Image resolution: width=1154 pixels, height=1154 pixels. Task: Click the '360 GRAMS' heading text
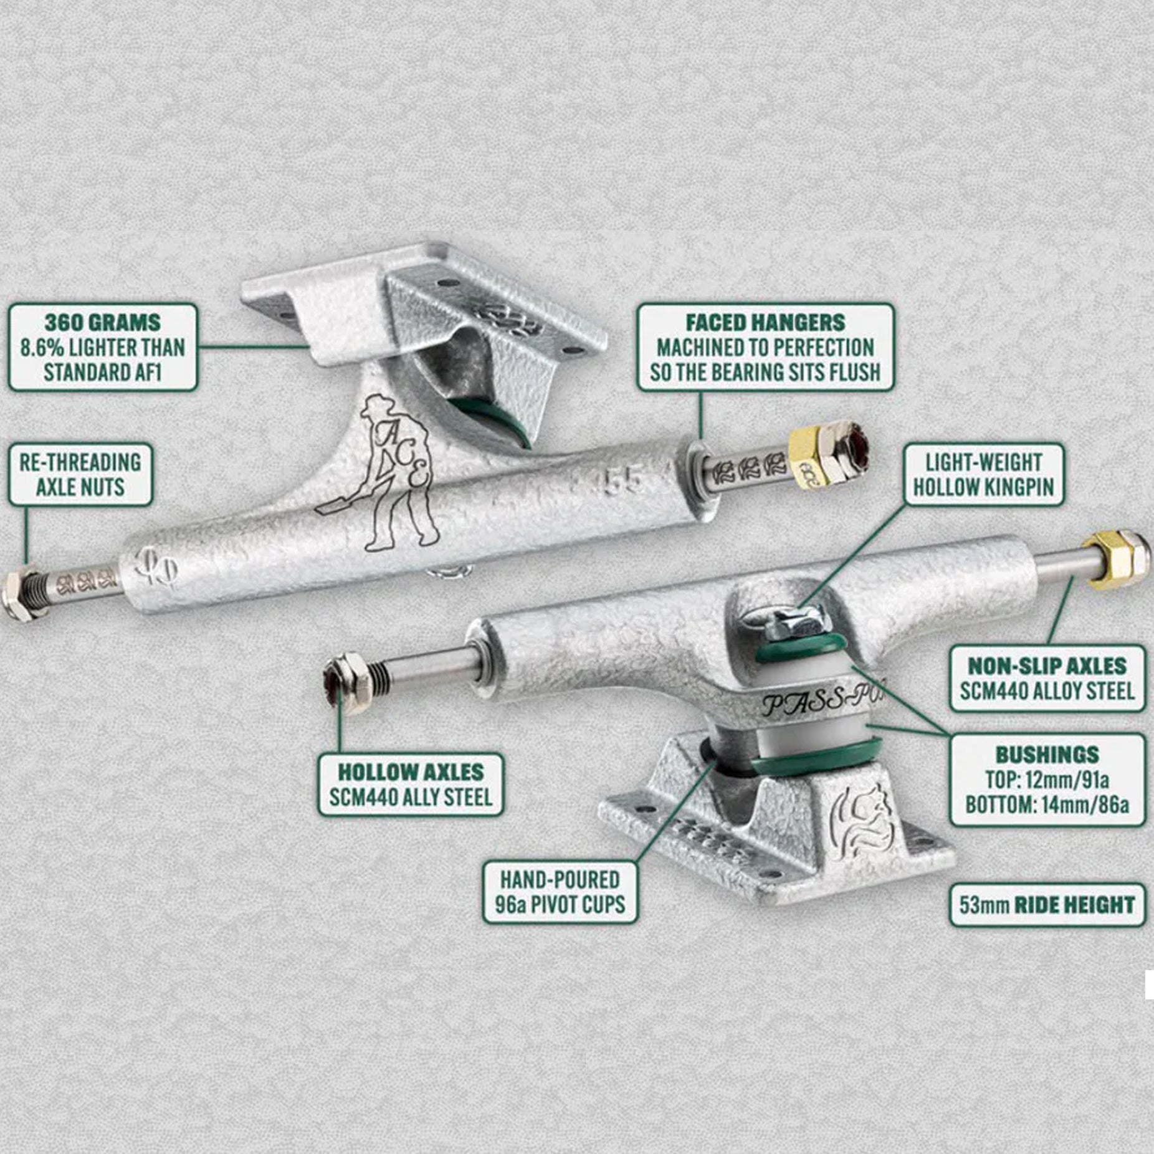(x=102, y=323)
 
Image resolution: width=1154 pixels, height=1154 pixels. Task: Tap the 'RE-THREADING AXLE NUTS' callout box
(x=80, y=474)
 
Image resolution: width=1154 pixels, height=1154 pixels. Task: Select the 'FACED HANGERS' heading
(x=765, y=322)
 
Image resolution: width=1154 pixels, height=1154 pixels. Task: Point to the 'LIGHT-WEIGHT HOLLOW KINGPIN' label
(x=984, y=474)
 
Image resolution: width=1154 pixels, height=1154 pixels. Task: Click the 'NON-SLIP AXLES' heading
(x=1047, y=666)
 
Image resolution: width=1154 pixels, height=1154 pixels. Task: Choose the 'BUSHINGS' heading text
(x=1047, y=755)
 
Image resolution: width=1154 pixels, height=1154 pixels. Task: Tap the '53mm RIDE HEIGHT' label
(x=1047, y=905)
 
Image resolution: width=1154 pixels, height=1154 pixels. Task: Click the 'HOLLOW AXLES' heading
(x=411, y=772)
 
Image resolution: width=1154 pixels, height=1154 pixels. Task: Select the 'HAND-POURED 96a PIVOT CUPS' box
(x=560, y=892)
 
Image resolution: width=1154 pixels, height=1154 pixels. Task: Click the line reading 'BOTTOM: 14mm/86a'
(x=1047, y=804)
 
